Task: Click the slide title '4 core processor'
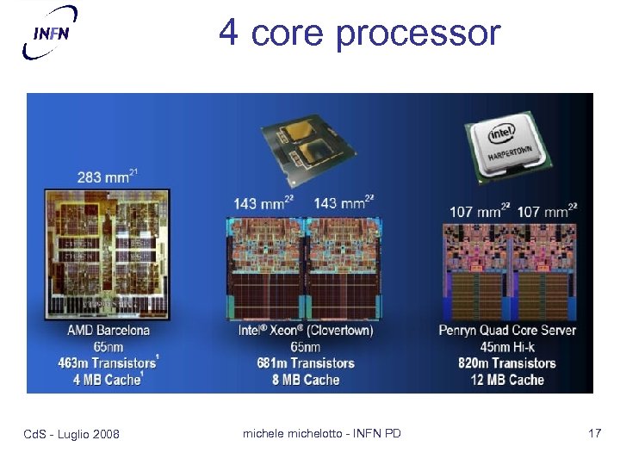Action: click(359, 33)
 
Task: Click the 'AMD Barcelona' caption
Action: click(108, 330)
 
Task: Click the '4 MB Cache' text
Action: click(108, 379)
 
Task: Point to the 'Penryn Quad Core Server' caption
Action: click(507, 330)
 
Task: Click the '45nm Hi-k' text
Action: click(507, 346)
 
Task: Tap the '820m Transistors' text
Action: click(507, 363)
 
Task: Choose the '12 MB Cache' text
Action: click(507, 379)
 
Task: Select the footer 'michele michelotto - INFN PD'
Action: click(321, 433)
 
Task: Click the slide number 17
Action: click(594, 433)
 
